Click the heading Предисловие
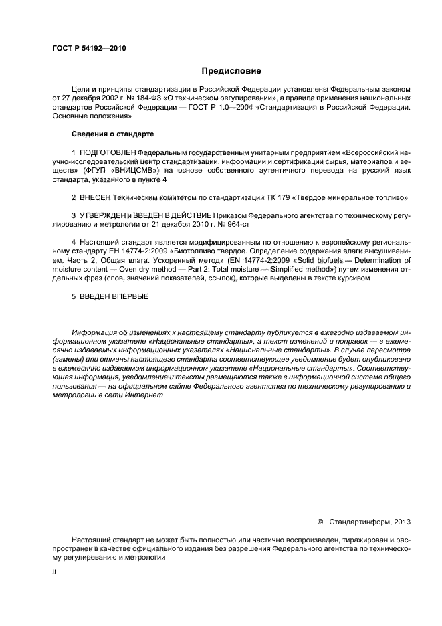click(231, 70)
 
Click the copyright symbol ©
click(320, 520)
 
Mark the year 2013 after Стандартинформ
click(401, 520)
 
